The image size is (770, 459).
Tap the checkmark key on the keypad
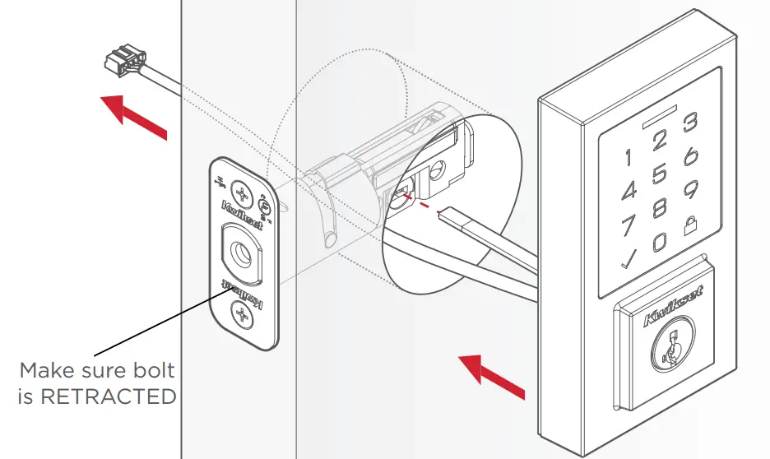[629, 261]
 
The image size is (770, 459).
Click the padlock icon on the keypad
[691, 223]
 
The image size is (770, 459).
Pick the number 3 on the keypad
[691, 123]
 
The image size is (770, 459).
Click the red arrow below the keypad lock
[491, 377]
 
